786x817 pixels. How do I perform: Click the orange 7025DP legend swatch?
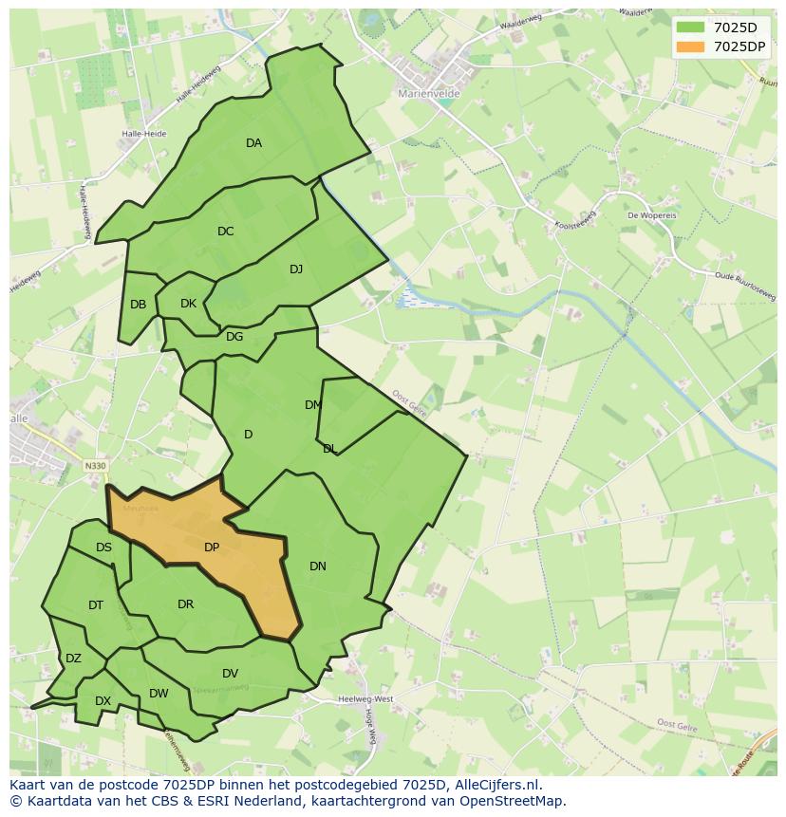(691, 46)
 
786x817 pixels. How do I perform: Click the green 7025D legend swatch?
(691, 28)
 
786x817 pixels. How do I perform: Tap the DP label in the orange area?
(212, 548)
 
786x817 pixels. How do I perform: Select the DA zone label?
(253, 143)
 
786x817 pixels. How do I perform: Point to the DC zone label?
(225, 232)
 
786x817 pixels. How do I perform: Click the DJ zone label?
(296, 269)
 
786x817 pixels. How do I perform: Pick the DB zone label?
(139, 305)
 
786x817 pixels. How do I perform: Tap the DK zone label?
(188, 304)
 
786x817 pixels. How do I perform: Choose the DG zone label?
(234, 337)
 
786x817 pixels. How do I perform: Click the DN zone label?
(318, 566)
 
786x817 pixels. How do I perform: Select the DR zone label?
(185, 604)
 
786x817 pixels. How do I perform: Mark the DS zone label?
(103, 548)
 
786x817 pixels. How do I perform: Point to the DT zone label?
(96, 605)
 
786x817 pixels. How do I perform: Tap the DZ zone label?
(73, 659)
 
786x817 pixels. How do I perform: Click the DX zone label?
(103, 701)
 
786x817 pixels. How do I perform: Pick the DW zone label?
(159, 694)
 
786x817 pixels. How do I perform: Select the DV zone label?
(230, 674)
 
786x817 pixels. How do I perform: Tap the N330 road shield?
(95, 466)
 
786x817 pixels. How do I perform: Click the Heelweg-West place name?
(365, 699)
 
